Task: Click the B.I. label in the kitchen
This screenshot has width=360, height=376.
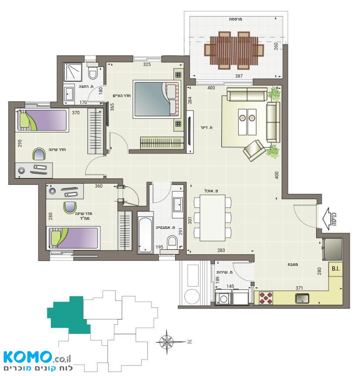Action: click(336, 269)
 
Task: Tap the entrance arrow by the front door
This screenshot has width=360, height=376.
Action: click(328, 219)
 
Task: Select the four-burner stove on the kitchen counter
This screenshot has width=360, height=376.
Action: click(266, 298)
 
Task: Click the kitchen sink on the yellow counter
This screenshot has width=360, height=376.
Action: click(302, 299)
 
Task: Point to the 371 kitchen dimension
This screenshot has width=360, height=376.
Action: click(299, 288)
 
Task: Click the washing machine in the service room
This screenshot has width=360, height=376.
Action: click(223, 298)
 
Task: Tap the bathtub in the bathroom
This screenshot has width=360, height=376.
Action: click(145, 232)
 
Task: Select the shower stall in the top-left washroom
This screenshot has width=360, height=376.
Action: click(73, 72)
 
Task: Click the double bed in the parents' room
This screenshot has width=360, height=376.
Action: click(157, 99)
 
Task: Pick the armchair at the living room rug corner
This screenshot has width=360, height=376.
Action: click(254, 150)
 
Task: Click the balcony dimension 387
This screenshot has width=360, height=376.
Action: click(239, 76)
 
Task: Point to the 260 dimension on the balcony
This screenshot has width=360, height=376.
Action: click(276, 46)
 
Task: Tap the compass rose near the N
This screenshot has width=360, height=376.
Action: click(167, 342)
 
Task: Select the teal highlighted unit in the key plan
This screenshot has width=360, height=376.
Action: click(69, 315)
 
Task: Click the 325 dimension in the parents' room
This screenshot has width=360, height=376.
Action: click(147, 64)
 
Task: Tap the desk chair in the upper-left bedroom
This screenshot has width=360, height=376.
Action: click(39, 154)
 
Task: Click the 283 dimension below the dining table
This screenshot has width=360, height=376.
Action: click(221, 250)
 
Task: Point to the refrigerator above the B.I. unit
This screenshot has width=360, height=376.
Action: click(332, 249)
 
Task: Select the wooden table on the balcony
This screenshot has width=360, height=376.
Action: click(234, 50)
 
